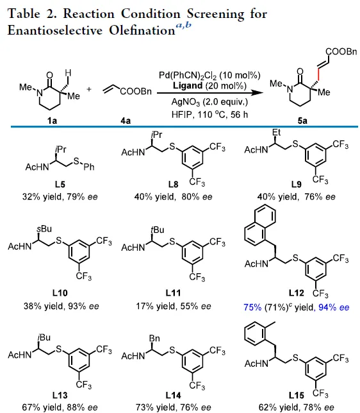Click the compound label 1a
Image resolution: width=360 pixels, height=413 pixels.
(52, 121)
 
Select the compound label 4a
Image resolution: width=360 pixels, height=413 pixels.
(126, 121)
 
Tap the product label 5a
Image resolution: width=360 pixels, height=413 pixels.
(302, 121)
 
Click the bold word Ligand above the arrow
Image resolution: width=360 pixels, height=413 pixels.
(188, 86)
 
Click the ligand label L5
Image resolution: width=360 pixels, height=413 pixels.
(60, 185)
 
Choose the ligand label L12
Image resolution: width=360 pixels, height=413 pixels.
(297, 293)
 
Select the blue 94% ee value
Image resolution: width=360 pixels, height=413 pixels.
(334, 307)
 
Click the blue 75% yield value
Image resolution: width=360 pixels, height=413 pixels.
(252, 307)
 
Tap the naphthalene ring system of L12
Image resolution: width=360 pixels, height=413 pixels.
(260, 225)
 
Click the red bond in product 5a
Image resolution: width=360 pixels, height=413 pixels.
(318, 74)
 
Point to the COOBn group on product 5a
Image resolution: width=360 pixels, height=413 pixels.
(341, 51)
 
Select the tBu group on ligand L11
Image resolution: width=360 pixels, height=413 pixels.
(158, 230)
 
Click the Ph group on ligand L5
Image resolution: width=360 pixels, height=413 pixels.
(89, 167)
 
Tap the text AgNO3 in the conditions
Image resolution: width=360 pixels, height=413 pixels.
(186, 102)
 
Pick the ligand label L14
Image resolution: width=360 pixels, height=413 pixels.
(173, 395)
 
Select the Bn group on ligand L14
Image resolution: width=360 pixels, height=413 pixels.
(154, 338)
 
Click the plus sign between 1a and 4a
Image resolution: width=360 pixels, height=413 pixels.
(89, 89)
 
